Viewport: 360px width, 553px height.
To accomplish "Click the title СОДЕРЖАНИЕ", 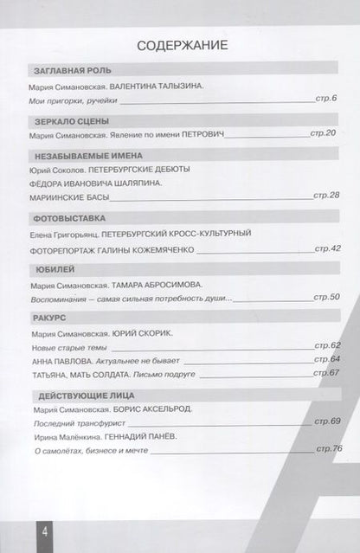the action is point(180,46).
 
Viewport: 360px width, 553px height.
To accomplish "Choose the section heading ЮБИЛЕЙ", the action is point(49,267).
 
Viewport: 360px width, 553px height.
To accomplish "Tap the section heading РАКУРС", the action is point(48,318).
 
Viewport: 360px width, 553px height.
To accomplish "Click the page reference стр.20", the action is point(325,134).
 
